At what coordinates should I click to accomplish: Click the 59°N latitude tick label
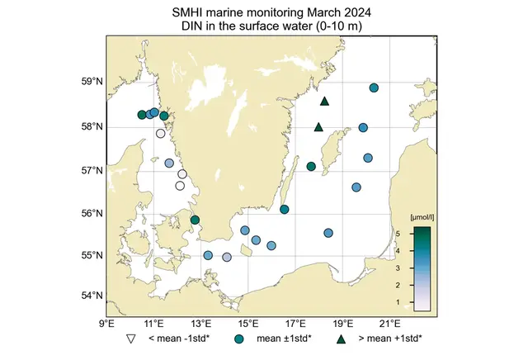pyautogui.click(x=92, y=82)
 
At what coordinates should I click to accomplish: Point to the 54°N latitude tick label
pyautogui.click(x=92, y=296)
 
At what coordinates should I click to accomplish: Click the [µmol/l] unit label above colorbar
pyautogui.click(x=422, y=216)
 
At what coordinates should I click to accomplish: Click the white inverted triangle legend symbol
pyautogui.click(x=130, y=339)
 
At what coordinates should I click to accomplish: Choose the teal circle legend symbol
pyautogui.click(x=239, y=339)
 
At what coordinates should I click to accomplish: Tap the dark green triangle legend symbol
pyautogui.click(x=341, y=339)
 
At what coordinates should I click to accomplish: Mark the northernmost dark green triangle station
pyautogui.click(x=324, y=102)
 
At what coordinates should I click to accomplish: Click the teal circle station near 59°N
pyautogui.click(x=374, y=88)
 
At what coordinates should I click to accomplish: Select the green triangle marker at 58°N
pyautogui.click(x=318, y=127)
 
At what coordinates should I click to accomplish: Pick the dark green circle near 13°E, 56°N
pyautogui.click(x=195, y=220)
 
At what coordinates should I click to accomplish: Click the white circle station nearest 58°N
pyautogui.click(x=161, y=133)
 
